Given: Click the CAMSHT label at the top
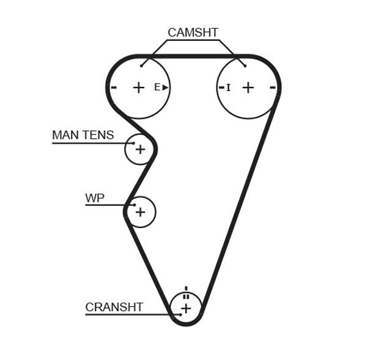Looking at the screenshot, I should [x=193, y=33].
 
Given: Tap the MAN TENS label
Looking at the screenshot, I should [x=83, y=135].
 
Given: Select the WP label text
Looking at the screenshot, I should [x=95, y=198].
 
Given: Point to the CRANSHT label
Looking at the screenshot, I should [x=114, y=307].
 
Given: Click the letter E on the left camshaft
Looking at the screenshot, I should [x=157, y=87].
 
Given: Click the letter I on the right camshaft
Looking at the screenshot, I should [x=228, y=87].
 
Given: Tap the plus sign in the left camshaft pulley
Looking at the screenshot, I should [x=139, y=87].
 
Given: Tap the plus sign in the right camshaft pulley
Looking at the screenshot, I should [x=248, y=87].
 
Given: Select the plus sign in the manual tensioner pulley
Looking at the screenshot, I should [x=141, y=149].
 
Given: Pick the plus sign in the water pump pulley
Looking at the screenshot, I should [x=141, y=211].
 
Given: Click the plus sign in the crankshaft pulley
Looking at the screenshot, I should [x=186, y=309].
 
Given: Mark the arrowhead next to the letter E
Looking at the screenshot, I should [x=165, y=87].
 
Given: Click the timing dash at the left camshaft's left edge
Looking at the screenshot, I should [x=114, y=87].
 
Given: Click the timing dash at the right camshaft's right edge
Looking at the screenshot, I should [x=273, y=87].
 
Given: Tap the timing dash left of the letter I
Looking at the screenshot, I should [x=221, y=87].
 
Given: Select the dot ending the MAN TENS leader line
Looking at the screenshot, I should [x=133, y=143].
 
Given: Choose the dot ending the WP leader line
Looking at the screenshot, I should [x=134, y=205].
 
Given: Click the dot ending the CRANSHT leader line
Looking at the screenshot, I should [x=180, y=314].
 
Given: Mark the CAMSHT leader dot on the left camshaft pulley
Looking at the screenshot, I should [x=141, y=65].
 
